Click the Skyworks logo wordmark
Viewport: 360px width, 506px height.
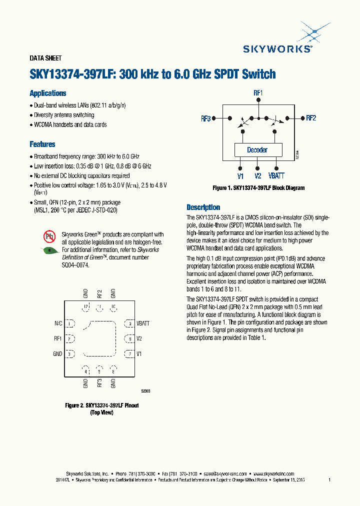pos(277,48)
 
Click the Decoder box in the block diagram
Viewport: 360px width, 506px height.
pos(257,150)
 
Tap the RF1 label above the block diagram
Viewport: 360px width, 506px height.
pos(258,93)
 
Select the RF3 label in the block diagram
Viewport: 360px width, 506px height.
pos(205,118)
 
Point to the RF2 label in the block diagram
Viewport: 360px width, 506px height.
pos(311,118)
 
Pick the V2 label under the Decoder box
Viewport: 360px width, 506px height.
pos(257,176)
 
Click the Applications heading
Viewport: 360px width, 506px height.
pos(48,93)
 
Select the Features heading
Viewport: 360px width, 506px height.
pos(42,144)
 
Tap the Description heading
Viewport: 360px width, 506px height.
pos(203,207)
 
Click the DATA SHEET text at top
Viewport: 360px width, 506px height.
pos(45,58)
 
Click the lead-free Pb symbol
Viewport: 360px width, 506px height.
pos(49,236)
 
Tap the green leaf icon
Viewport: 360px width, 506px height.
pos(49,250)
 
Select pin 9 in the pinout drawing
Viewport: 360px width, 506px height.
pos(129,324)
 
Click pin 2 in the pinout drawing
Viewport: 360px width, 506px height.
pos(70,339)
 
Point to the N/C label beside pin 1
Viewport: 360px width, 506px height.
pos(58,324)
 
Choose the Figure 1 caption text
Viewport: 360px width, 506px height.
pos(258,188)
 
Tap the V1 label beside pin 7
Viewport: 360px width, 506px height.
pos(139,354)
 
